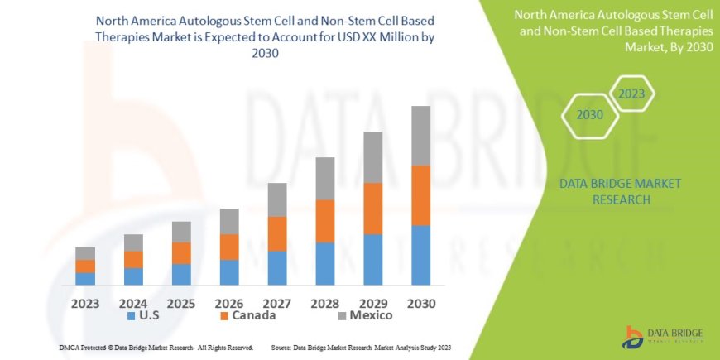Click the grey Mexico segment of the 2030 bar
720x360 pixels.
(420, 136)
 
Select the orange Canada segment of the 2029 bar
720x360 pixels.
(373, 209)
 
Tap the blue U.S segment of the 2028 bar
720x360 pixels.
(325, 263)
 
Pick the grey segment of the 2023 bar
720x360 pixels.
(85, 253)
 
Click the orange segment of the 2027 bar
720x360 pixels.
(277, 233)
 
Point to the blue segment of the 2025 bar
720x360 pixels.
(181, 274)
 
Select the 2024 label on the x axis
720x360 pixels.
(133, 303)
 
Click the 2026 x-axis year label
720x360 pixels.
(229, 303)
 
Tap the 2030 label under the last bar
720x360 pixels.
(420, 303)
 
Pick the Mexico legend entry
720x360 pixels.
(364, 315)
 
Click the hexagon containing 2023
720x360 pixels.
(632, 94)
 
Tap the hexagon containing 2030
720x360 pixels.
(589, 115)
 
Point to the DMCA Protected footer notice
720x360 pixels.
(156, 348)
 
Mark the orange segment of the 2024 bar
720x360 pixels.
(133, 259)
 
